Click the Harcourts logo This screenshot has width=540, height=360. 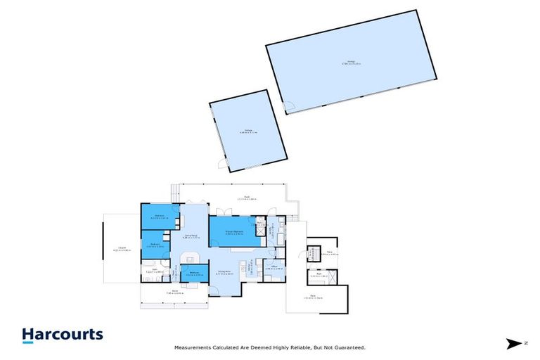[x=62, y=335]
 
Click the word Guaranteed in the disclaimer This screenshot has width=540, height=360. [x=349, y=347]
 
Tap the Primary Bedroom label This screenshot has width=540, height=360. [x=234, y=232]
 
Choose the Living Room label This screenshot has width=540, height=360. [x=190, y=236]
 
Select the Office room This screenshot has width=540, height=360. [x=275, y=268]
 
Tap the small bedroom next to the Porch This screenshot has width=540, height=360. [x=195, y=274]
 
